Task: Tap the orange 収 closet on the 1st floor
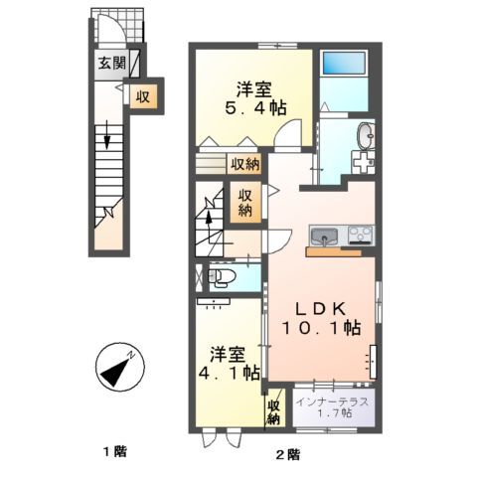(x=142, y=96)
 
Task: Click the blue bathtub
(x=345, y=67)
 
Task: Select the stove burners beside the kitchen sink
(x=359, y=237)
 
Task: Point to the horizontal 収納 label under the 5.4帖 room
(x=243, y=165)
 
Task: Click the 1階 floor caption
(x=112, y=453)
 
